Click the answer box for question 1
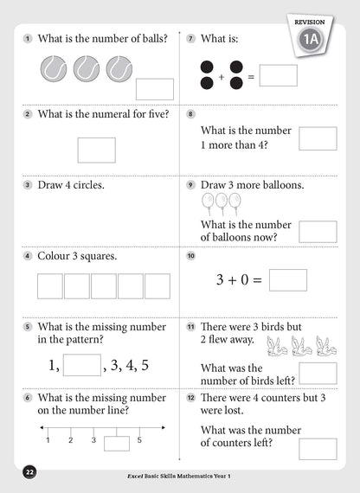[155, 88]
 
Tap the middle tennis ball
[87, 69]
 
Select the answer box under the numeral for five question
[96, 150]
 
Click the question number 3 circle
[28, 185]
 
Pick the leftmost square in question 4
[49, 285]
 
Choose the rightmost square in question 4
[157, 285]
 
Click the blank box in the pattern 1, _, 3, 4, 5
[82, 364]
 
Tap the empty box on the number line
[117, 443]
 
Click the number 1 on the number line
[48, 440]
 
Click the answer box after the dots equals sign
[279, 76]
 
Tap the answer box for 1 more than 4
[318, 138]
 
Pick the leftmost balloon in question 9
[208, 202]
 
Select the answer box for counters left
[318, 448]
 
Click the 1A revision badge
[312, 39]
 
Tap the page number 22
[29, 472]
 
